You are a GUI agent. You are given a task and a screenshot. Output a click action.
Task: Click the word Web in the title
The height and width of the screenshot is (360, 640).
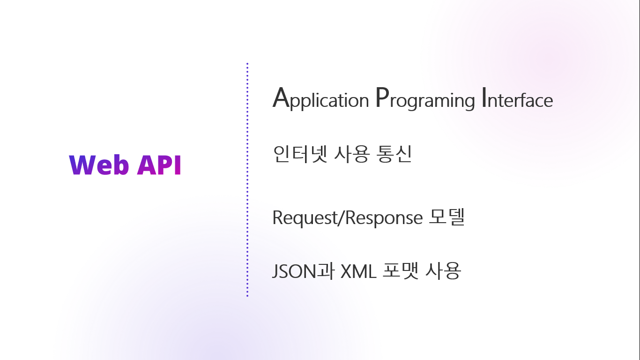pyautogui.click(x=99, y=165)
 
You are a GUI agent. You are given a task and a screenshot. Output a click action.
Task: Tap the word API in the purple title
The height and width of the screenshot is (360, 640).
pyautogui.click(x=159, y=165)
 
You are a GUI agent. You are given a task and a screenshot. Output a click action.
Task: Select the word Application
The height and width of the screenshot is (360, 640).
pyautogui.click(x=320, y=100)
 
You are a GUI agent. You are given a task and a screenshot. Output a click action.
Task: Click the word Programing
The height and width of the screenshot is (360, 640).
pyautogui.click(x=425, y=100)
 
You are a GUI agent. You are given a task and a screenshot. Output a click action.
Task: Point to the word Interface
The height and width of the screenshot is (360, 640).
pyautogui.click(x=517, y=100)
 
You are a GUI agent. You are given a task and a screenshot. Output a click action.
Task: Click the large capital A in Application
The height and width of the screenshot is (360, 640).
pyautogui.click(x=280, y=98)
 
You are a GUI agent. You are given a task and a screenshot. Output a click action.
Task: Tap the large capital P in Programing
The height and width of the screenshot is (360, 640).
pyautogui.click(x=382, y=98)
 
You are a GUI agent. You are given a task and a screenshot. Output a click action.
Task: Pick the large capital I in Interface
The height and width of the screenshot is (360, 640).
pyautogui.click(x=484, y=98)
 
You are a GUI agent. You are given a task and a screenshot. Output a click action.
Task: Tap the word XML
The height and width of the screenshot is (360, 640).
pyautogui.click(x=358, y=271)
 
